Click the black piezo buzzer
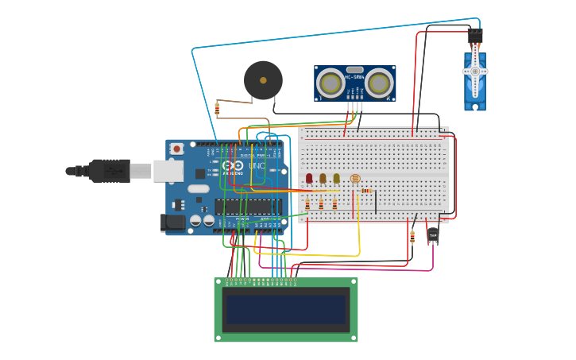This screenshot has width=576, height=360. tap(263, 80)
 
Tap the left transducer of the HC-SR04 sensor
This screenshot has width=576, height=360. tap(330, 83)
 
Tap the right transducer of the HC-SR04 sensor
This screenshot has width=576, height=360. tap(380, 83)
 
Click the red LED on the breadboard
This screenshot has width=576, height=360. tap(309, 179)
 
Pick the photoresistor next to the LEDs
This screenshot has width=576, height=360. tap(354, 179)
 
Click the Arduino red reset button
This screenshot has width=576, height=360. tap(176, 148)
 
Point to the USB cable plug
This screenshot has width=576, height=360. tap(108, 170)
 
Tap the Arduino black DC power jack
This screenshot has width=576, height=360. tap(172, 223)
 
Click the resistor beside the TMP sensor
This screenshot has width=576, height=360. tap(412, 236)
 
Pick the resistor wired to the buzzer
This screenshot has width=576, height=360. tap(217, 109)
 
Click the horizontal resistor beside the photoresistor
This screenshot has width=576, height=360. tap(366, 191)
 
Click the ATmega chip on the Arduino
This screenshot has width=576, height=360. tap(248, 207)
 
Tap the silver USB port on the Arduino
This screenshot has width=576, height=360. tap(168, 170)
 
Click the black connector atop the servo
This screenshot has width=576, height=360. tap(475, 37)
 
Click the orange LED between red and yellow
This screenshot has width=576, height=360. tap(323, 179)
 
